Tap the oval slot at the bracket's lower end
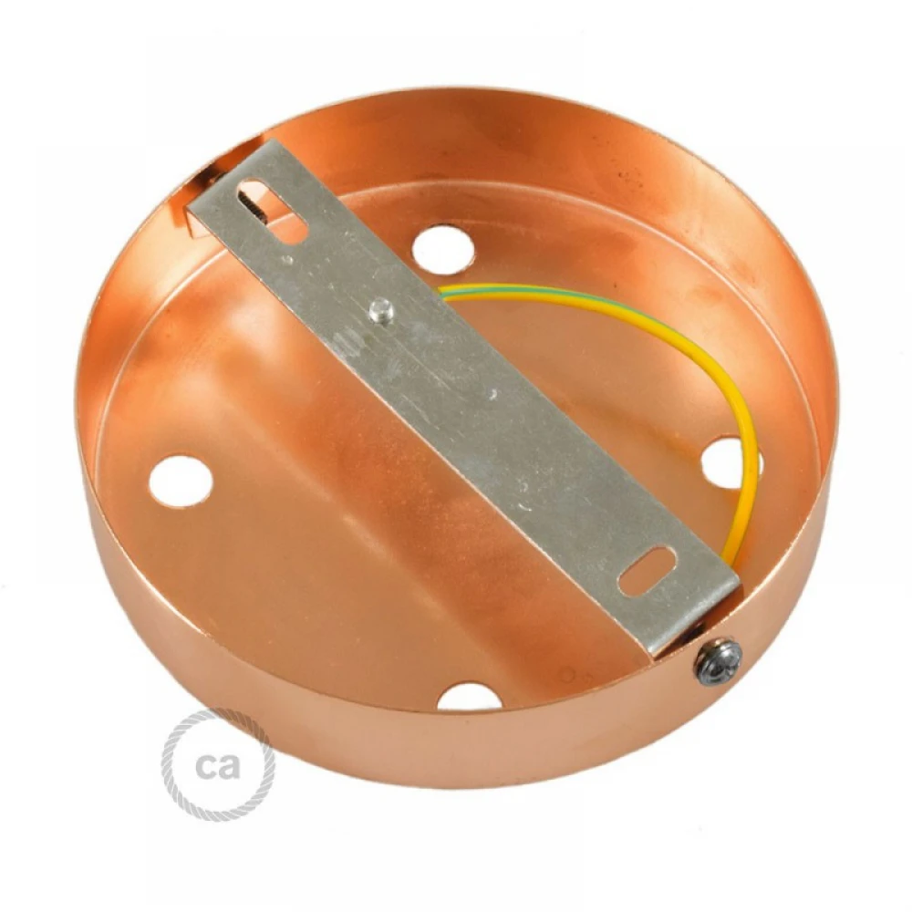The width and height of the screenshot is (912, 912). [x=648, y=573]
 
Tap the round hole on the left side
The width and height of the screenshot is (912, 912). [x=181, y=481]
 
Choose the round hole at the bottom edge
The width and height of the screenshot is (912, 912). [x=469, y=696]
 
